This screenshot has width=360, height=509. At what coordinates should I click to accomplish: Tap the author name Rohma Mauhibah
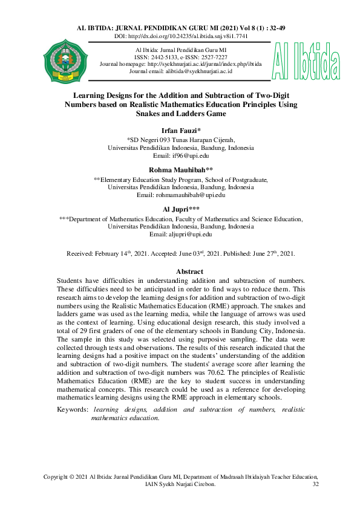tap(180, 170)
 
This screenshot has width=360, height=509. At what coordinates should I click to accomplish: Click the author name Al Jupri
tap(180, 210)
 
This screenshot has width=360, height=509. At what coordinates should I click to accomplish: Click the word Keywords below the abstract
tap(71, 410)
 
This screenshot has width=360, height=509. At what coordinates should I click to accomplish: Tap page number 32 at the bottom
tap(315, 485)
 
